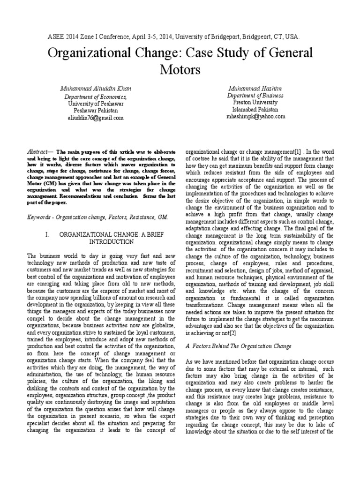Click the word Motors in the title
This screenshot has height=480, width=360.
click(x=180, y=70)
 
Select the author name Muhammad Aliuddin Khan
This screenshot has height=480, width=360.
click(x=95, y=89)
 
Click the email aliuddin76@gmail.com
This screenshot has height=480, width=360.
click(x=95, y=118)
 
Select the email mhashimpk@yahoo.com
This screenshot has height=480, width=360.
click(x=255, y=116)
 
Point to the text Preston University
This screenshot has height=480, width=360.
click(x=255, y=102)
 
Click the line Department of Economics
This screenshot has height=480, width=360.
click(x=95, y=97)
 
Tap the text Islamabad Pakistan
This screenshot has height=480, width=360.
click(x=255, y=109)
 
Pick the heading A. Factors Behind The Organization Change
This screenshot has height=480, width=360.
click(x=239, y=346)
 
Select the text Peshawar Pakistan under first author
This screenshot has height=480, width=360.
click(x=95, y=111)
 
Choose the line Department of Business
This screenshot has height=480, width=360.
click(x=255, y=95)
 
